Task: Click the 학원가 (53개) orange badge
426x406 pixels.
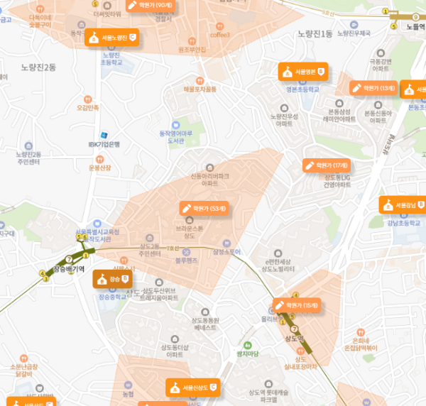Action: [x=204, y=209]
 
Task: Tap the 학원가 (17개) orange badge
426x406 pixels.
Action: [x=326, y=165]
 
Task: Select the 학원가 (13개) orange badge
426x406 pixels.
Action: [x=373, y=88]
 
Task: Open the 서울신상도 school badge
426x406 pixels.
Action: [x=192, y=388]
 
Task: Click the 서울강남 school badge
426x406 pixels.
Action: [x=401, y=206]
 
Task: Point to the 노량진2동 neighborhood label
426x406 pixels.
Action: [x=38, y=67]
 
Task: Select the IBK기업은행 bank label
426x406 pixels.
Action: [x=104, y=144]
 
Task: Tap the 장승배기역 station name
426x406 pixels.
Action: [x=69, y=270]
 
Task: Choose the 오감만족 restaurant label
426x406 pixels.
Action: [x=88, y=108]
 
